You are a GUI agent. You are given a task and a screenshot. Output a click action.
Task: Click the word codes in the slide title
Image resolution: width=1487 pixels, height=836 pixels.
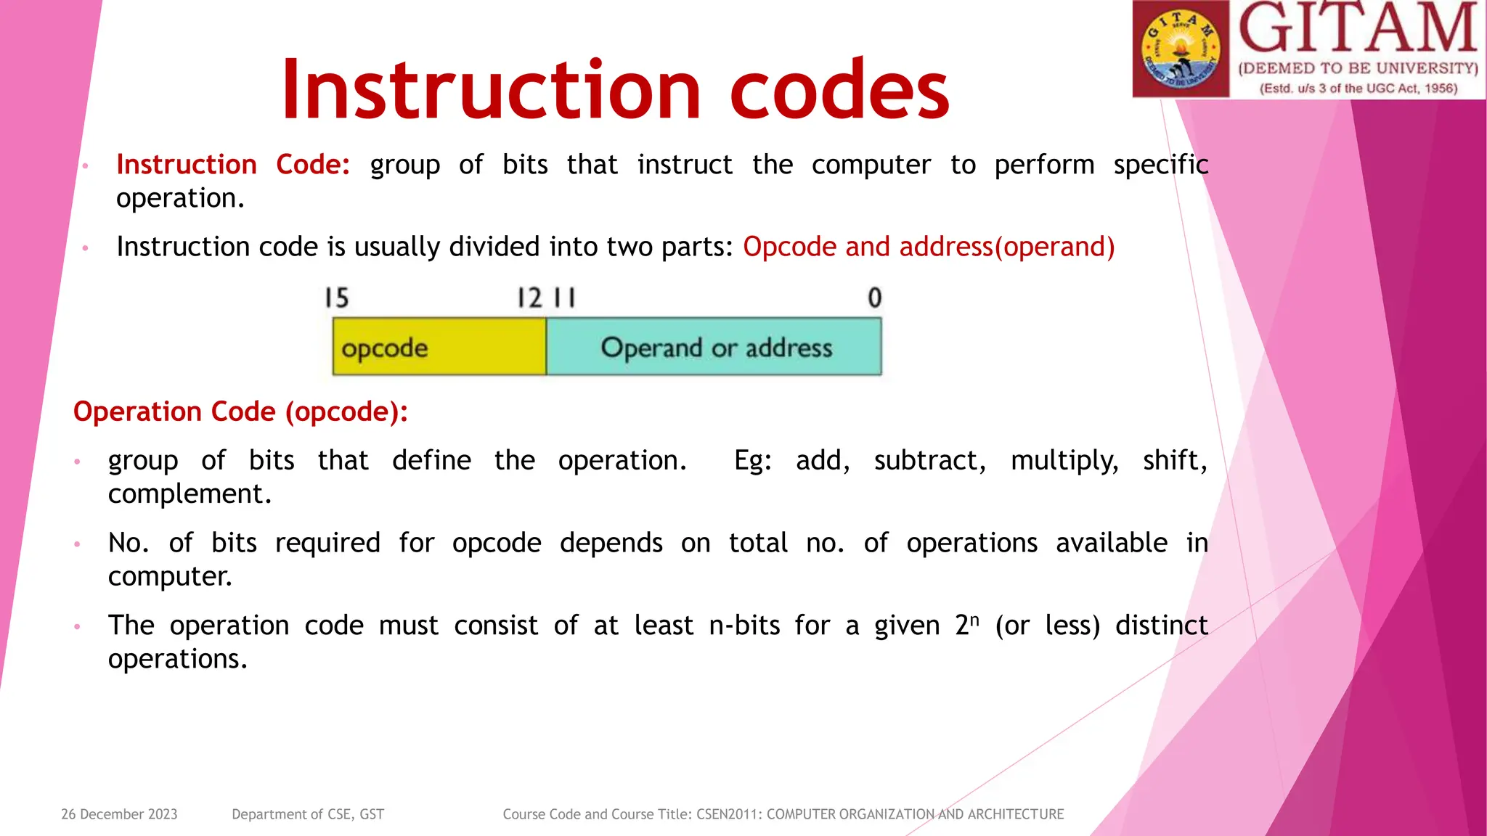pyautogui.click(x=839, y=90)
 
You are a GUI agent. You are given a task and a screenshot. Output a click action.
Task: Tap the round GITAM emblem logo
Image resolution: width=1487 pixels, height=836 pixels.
pyautogui.click(x=1181, y=49)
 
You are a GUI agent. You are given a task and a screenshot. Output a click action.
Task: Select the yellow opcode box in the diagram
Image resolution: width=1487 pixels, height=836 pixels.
pyautogui.click(x=439, y=347)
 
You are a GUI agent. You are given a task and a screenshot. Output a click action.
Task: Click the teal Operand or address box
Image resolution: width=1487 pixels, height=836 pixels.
pyautogui.click(x=714, y=347)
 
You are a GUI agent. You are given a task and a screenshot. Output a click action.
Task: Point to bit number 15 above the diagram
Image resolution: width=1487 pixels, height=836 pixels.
pyautogui.click(x=336, y=298)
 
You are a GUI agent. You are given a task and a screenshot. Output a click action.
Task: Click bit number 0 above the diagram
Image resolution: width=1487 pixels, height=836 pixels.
pyautogui.click(x=874, y=298)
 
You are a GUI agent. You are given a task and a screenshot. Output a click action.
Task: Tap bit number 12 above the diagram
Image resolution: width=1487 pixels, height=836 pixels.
pyautogui.click(x=529, y=298)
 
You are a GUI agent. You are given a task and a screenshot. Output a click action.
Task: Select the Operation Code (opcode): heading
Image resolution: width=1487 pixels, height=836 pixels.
pyautogui.click(x=240, y=411)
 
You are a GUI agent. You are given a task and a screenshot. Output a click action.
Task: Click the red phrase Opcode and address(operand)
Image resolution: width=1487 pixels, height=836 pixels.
pyautogui.click(x=929, y=247)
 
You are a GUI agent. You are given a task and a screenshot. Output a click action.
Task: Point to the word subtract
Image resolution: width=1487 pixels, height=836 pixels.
pyautogui.click(x=929, y=460)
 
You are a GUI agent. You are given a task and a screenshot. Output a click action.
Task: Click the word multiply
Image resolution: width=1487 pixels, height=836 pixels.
pyautogui.click(x=1064, y=461)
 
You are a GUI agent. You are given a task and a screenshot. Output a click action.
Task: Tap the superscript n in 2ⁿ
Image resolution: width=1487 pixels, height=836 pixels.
pyautogui.click(x=975, y=620)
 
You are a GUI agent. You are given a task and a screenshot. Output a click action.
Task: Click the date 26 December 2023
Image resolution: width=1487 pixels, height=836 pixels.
pyautogui.click(x=119, y=814)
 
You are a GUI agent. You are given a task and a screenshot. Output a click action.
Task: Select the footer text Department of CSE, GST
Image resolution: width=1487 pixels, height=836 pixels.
pyautogui.click(x=308, y=814)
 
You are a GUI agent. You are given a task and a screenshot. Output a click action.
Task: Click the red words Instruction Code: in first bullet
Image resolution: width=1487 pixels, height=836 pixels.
pyautogui.click(x=233, y=165)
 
